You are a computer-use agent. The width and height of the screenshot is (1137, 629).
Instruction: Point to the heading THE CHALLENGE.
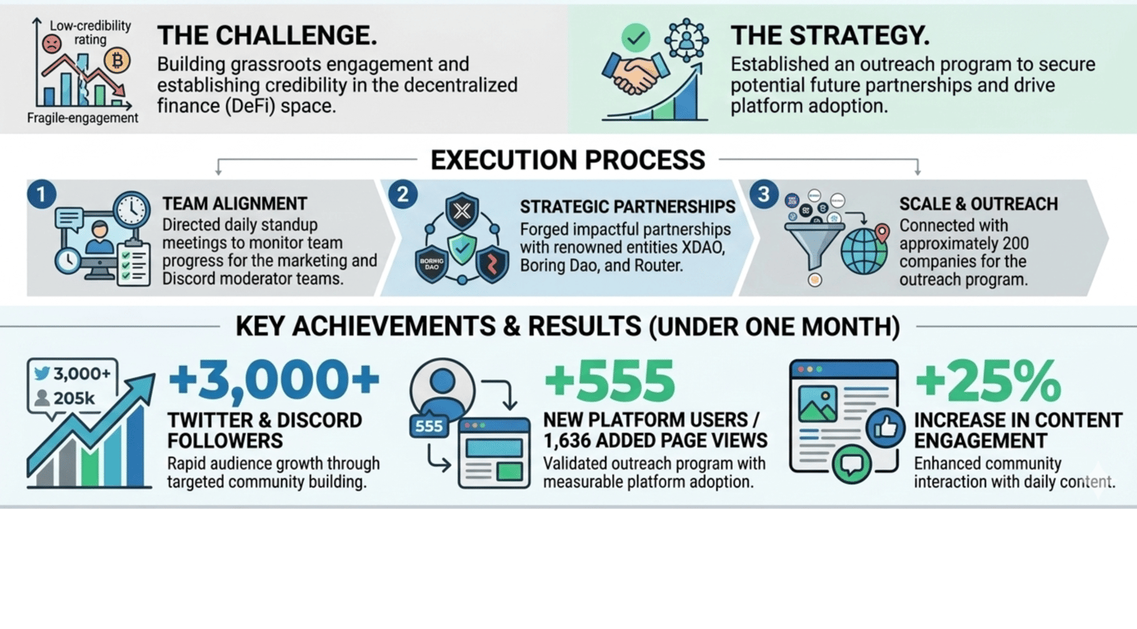point(266,36)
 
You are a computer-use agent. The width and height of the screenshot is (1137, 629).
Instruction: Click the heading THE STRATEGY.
point(829,36)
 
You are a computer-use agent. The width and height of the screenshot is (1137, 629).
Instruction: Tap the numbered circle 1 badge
point(42,194)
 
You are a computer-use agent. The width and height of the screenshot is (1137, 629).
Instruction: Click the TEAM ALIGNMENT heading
point(235,205)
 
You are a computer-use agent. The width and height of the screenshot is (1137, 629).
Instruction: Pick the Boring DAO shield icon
point(431,263)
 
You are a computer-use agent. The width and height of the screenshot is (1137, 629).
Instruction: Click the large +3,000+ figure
point(273,381)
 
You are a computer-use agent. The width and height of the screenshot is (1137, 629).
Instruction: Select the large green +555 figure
point(609,381)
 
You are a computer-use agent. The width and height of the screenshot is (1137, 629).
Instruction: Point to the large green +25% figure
point(988,381)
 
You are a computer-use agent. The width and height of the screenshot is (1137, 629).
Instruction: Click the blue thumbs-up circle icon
point(886,427)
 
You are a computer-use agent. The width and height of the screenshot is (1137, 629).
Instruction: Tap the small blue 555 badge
point(429,427)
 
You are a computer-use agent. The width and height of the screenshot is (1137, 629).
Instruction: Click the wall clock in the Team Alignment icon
point(131,210)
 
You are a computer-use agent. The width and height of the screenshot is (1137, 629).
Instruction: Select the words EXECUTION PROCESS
point(568,160)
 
